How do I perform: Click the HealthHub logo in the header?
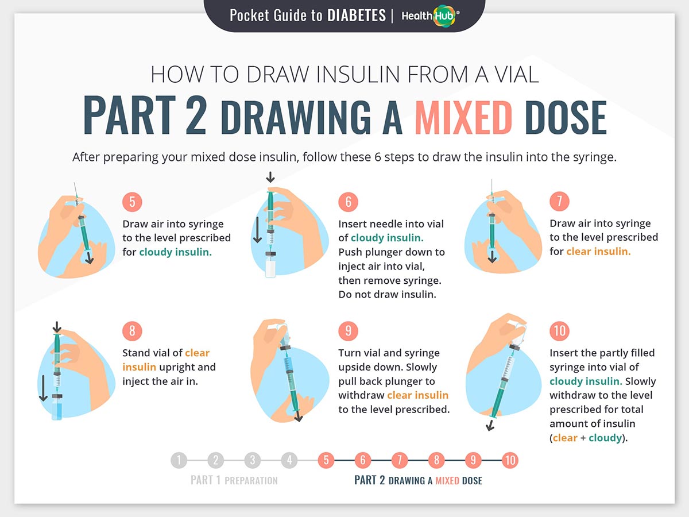[431, 16]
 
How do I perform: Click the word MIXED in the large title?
[463, 118]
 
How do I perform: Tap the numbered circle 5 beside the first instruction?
[132, 202]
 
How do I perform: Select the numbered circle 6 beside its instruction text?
[348, 202]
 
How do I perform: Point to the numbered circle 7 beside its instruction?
[559, 201]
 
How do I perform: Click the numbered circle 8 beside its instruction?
[132, 330]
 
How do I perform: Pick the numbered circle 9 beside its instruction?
[348, 330]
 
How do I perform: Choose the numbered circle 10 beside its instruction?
[559, 330]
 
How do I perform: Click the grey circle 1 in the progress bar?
[179, 460]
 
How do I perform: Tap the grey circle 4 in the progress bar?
[289, 460]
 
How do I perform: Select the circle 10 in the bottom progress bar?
[510, 460]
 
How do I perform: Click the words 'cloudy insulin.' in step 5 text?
[176, 252]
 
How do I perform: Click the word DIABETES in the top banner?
[357, 16]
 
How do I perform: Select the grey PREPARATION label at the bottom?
[251, 481]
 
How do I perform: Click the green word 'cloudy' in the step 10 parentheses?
[605, 438]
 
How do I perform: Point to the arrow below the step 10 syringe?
[490, 425]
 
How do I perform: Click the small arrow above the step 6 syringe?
[270, 178]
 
